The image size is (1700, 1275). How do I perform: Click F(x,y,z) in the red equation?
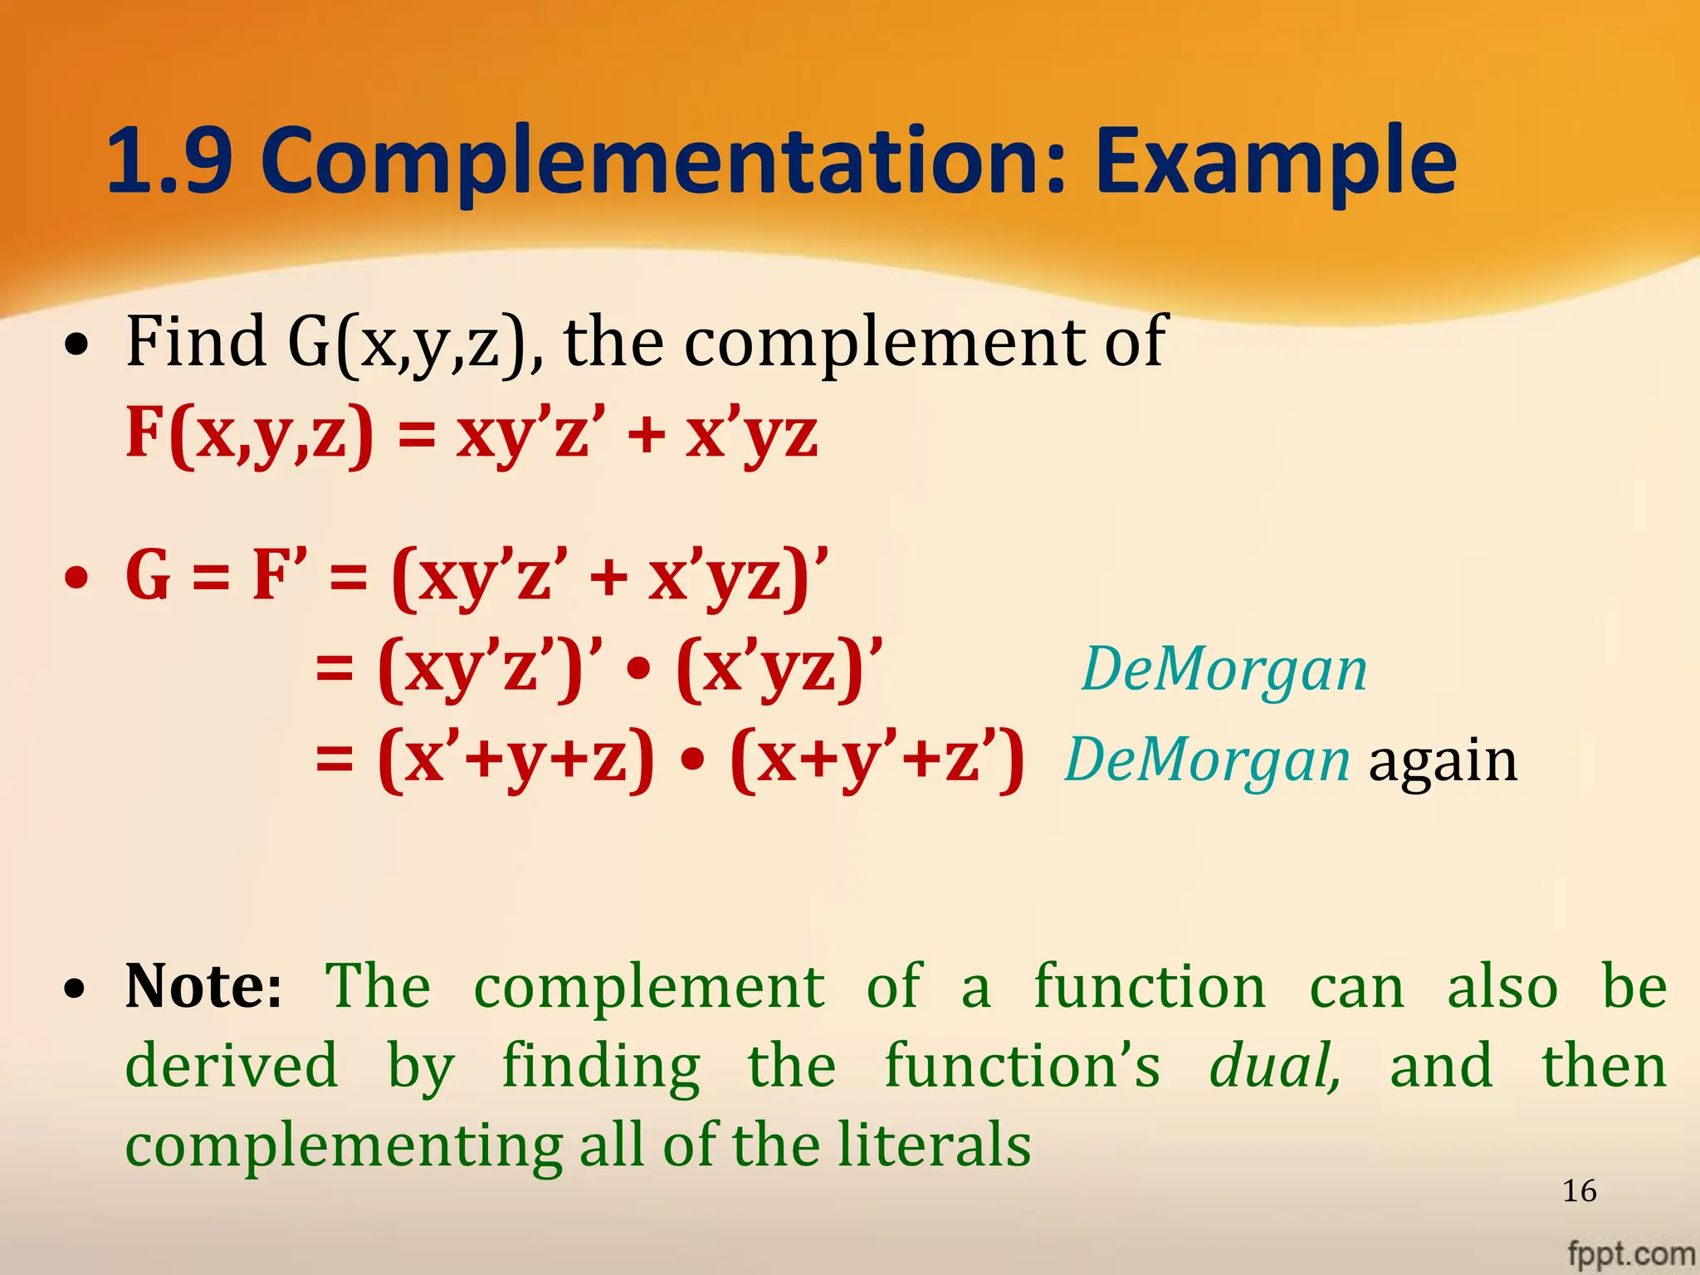[249, 433]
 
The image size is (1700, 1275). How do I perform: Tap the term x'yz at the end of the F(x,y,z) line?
[751, 435]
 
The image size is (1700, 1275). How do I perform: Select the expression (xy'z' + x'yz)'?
[609, 576]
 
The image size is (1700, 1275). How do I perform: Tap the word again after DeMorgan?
[1443, 761]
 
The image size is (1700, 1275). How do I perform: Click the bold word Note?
[204, 986]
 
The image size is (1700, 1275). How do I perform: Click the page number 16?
[1579, 1191]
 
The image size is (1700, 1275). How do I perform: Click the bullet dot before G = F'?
[76, 578]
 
